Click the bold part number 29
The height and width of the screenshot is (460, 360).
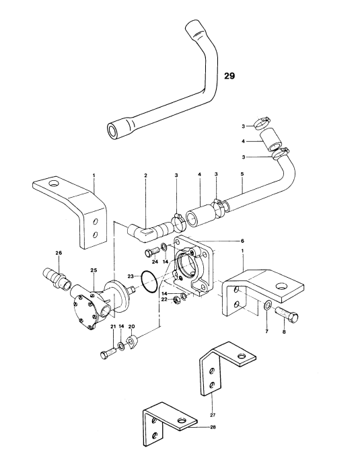click(229, 76)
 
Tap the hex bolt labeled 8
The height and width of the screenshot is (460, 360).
click(287, 314)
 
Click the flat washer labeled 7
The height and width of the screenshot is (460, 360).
click(267, 306)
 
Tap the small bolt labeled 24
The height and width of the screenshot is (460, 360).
click(152, 252)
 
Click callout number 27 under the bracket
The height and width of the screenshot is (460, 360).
click(213, 415)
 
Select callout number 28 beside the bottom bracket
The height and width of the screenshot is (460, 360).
click(213, 427)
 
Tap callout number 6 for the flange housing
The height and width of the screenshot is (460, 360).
click(242, 241)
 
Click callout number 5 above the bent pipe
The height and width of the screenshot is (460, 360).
click(242, 174)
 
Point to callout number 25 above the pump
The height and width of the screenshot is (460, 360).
click(94, 270)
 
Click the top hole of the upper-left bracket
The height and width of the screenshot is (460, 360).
click(55, 184)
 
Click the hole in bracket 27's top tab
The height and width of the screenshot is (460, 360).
click(242, 356)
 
